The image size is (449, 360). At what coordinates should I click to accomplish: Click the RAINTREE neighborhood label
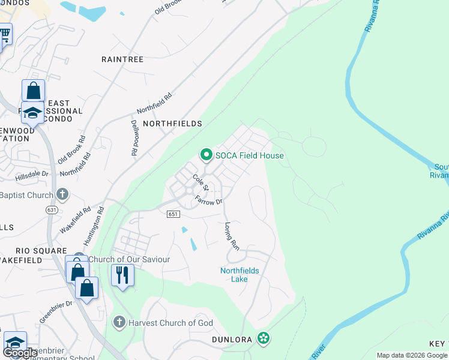(x=122, y=59)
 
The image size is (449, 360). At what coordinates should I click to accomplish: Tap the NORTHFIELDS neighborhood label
(x=170, y=123)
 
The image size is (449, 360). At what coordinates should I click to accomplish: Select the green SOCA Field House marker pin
(x=206, y=155)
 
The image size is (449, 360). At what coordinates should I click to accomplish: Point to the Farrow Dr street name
(x=209, y=202)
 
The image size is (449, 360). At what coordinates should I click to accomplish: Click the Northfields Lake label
(x=240, y=275)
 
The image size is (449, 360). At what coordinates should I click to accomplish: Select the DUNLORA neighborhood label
(x=232, y=340)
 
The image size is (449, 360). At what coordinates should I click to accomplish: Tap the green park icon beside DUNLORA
(x=263, y=338)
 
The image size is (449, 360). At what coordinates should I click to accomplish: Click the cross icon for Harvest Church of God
(x=119, y=323)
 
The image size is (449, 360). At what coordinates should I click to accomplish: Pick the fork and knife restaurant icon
(x=122, y=275)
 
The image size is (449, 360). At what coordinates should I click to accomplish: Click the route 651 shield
(x=173, y=214)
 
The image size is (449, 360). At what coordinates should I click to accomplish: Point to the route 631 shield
(x=52, y=209)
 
